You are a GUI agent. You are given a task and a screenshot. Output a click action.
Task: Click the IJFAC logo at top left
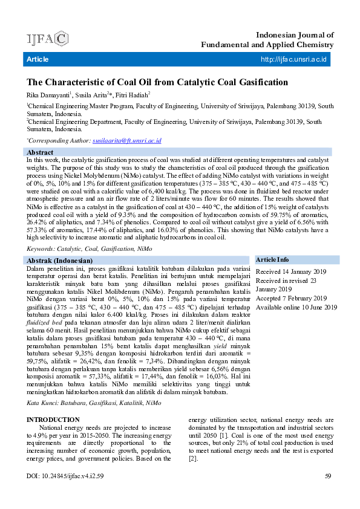coord(47,39)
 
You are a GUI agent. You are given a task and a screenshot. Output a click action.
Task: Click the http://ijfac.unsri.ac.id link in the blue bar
coord(293,59)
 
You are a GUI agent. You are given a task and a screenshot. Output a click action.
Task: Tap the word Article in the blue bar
coord(38,59)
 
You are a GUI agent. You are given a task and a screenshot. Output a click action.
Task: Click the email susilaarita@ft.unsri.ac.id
coord(126,140)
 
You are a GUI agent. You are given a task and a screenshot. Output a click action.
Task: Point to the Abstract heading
coord(41,152)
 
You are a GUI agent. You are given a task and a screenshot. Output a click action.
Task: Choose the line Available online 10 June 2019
coord(296,307)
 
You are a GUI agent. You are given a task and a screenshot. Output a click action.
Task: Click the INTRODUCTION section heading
coord(53,420)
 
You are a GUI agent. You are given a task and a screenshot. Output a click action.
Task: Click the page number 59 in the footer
coord(328,476)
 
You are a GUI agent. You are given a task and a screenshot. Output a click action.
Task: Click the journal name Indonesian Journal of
coord(295,36)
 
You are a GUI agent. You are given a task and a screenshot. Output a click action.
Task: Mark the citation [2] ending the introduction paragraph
coord(193,459)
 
